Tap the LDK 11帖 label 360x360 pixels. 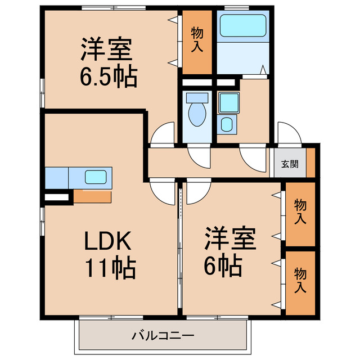[x=109, y=254]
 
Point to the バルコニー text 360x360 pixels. [x=163, y=336]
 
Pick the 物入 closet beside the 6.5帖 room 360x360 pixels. [x=197, y=40]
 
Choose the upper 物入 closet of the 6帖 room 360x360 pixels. [x=300, y=214]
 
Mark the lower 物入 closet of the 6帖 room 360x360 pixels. [x=300, y=282]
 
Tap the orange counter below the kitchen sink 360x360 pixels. [x=92, y=197]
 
